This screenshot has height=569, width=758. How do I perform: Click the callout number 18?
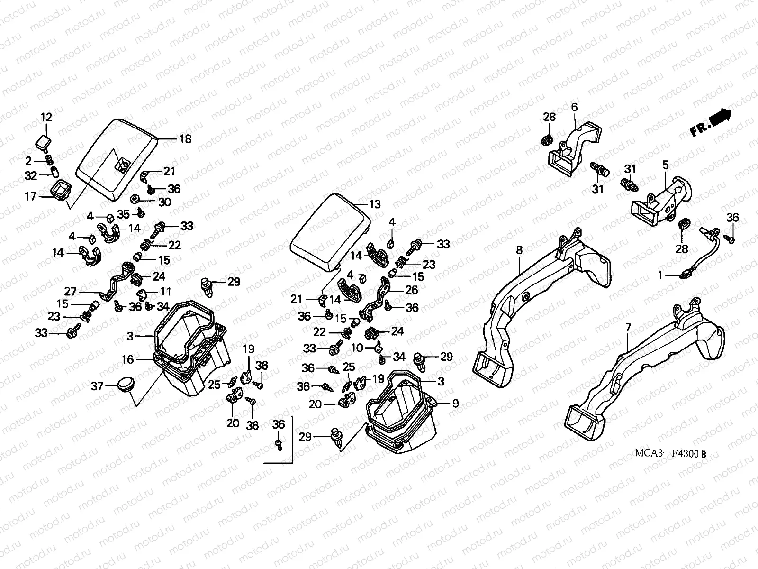pyautogui.click(x=185, y=139)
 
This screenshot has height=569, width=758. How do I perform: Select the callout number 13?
pyautogui.click(x=375, y=204)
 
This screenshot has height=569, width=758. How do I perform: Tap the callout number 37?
pyautogui.click(x=97, y=386)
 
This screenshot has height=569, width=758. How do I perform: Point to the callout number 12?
pyautogui.click(x=46, y=117)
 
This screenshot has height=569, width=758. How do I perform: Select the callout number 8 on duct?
pyautogui.click(x=519, y=249)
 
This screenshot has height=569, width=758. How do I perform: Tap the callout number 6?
pyautogui.click(x=575, y=107)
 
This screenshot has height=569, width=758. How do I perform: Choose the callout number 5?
pyautogui.click(x=666, y=165)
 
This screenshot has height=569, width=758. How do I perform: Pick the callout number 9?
pyautogui.click(x=455, y=404)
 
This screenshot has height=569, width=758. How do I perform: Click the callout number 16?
pyautogui.click(x=128, y=360)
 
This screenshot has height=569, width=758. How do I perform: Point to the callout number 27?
pyautogui.click(x=70, y=291)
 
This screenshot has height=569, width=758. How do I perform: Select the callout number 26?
pyautogui.click(x=412, y=288)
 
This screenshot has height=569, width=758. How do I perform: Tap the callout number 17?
pyautogui.click(x=30, y=196)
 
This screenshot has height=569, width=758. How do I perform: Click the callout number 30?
pyautogui.click(x=164, y=202)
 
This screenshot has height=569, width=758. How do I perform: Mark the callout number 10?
pyautogui.click(x=357, y=348)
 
